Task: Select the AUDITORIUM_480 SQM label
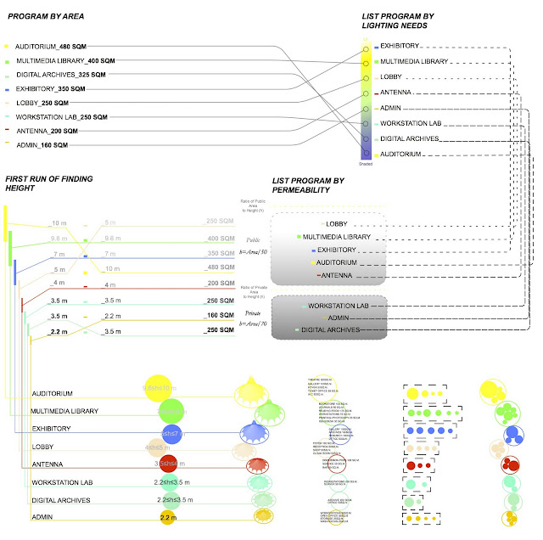point(49,46)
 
